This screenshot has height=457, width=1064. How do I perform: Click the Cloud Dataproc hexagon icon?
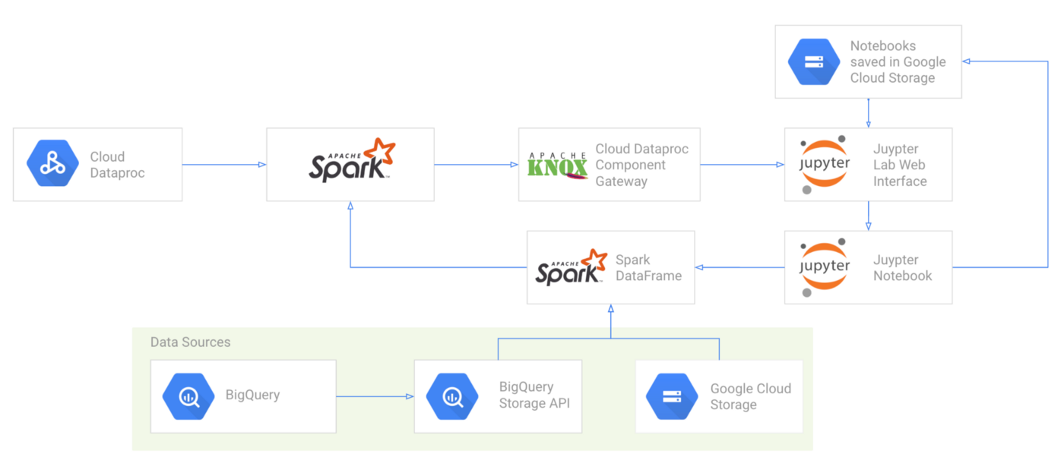[x=52, y=164]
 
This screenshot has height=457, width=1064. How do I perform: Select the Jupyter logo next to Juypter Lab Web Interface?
[x=825, y=165]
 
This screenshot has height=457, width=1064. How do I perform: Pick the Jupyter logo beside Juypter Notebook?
[x=825, y=267]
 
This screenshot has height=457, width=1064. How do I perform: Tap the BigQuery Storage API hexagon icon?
[x=452, y=396]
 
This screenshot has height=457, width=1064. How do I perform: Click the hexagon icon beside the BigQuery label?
[x=188, y=396]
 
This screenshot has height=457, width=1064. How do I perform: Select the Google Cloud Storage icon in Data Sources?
[x=672, y=396]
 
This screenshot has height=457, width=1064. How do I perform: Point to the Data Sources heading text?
[x=190, y=342]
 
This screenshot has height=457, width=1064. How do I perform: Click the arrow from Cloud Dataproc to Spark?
[x=224, y=164]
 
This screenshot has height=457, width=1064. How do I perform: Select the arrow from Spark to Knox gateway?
[x=476, y=164]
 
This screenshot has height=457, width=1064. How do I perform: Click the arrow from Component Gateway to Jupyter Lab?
[x=742, y=164]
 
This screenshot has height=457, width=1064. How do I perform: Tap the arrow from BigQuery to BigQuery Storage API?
[x=375, y=396]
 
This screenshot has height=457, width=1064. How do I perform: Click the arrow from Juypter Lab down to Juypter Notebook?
[x=868, y=216]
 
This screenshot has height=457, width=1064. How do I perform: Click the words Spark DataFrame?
[x=648, y=267]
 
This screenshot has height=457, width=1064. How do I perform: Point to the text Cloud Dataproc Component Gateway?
[x=641, y=165]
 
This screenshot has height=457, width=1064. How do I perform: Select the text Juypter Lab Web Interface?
[x=900, y=165]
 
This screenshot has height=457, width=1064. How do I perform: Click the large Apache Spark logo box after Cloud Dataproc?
[x=350, y=164]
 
